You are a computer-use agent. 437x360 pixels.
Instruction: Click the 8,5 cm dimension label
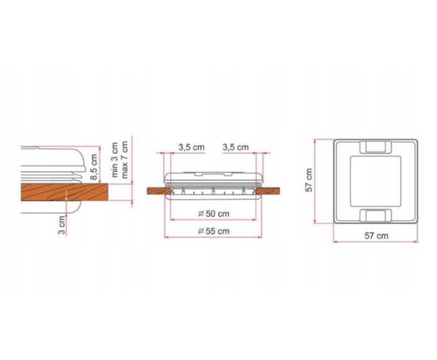point(94,168)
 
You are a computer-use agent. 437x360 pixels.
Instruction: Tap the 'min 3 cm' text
point(114,160)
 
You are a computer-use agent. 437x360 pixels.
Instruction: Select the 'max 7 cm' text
point(125,160)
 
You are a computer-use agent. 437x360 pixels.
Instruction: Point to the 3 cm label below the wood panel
point(62,225)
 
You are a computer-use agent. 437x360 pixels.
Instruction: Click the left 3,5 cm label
point(192,147)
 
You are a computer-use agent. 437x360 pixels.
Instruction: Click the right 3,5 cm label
point(236,147)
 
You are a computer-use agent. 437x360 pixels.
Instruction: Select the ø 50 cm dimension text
point(214,214)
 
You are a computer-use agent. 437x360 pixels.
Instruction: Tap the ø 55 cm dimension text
point(214,231)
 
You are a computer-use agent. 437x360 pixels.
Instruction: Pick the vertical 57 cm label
point(309,180)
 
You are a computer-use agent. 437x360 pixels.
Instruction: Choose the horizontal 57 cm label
point(376,236)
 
